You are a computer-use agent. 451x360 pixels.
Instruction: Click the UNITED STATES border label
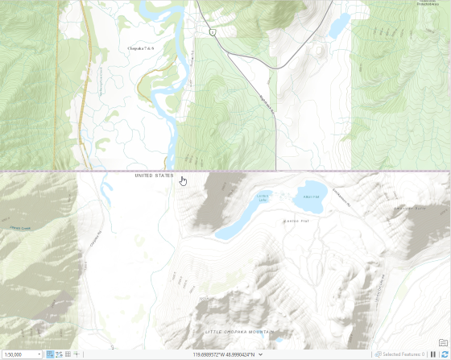click(154, 175)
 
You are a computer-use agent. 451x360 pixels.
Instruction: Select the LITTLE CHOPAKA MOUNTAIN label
click(239, 332)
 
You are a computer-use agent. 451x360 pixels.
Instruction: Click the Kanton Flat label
click(296, 221)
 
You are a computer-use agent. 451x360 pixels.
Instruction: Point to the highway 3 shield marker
click(212, 32)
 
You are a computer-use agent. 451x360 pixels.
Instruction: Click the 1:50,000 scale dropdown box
click(22, 354)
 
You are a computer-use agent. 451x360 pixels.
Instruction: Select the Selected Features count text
click(403, 354)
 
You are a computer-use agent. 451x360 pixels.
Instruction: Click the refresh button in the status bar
click(443, 354)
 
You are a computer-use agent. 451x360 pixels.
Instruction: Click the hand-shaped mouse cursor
click(184, 180)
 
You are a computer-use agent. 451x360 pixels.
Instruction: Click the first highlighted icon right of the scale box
click(50, 354)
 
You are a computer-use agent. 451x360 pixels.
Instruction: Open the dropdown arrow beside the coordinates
click(260, 354)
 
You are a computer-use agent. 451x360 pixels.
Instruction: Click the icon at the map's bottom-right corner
click(443, 342)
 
